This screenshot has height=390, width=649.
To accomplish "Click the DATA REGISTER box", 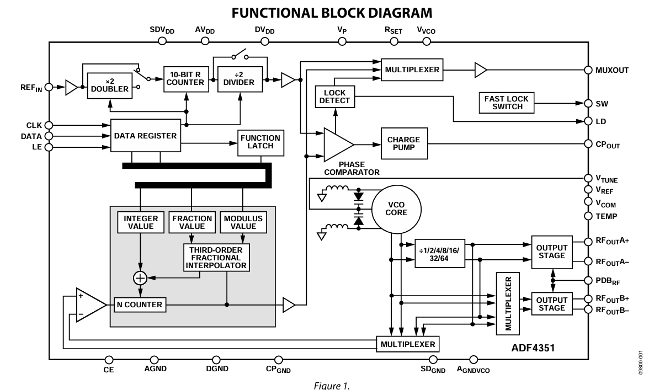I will [x=146, y=136].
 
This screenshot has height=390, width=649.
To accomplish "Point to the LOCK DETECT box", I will [x=336, y=97].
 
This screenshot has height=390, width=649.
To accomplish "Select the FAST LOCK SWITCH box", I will [x=506, y=103].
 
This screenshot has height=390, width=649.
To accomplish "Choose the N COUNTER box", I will [x=140, y=304].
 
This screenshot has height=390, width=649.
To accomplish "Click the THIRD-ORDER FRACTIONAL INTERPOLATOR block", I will [x=216, y=258].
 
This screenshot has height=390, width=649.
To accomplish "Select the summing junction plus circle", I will [x=140, y=278].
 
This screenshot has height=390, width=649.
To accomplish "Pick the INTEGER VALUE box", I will [x=140, y=222].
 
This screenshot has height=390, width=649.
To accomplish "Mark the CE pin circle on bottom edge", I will [x=109, y=360].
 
